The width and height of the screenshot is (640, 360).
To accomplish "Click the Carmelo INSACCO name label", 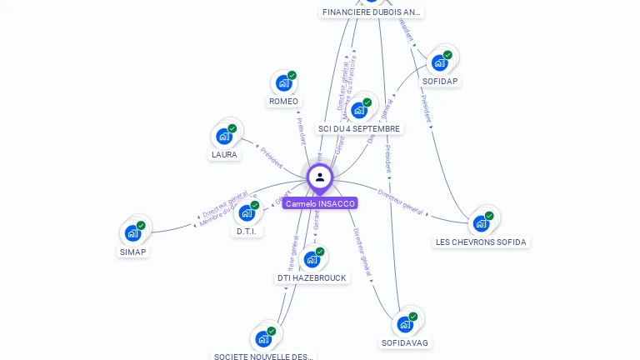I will pos(320,203).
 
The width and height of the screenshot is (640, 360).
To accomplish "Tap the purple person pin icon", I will pos(320,177).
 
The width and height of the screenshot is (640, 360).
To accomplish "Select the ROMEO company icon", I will pos(284,82).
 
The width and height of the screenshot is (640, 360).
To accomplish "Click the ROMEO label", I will pos(283,102).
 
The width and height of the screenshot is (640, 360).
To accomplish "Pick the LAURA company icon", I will pos(224,136).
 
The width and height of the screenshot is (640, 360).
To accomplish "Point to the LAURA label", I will pos(224,154).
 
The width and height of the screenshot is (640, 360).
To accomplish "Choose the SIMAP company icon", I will pos(132,233).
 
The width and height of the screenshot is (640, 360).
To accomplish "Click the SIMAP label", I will pos(132,252).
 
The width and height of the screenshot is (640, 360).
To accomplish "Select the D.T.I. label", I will pos(247,231).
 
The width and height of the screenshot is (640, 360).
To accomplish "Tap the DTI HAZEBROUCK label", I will pos(312,277).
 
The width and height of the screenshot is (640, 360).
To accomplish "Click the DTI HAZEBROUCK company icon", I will pos(312,259).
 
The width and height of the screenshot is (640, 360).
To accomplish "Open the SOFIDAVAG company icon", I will pos(406,324).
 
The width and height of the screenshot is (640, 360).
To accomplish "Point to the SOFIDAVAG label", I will pos(406,342).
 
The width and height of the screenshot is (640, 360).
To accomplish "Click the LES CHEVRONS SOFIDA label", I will pos(481,242).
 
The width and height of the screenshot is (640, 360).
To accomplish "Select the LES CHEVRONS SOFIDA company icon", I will pos(481,223).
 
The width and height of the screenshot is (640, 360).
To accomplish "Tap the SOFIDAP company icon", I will pos(440,62).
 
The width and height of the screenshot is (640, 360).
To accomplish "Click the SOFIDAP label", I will pos(440,81).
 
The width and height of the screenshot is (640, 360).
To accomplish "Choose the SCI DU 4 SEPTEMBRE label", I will pos(359,129).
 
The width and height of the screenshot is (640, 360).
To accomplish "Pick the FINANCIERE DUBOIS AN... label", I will pos(372,12).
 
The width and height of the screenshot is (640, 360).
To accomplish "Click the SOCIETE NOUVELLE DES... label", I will pos(263,357).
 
